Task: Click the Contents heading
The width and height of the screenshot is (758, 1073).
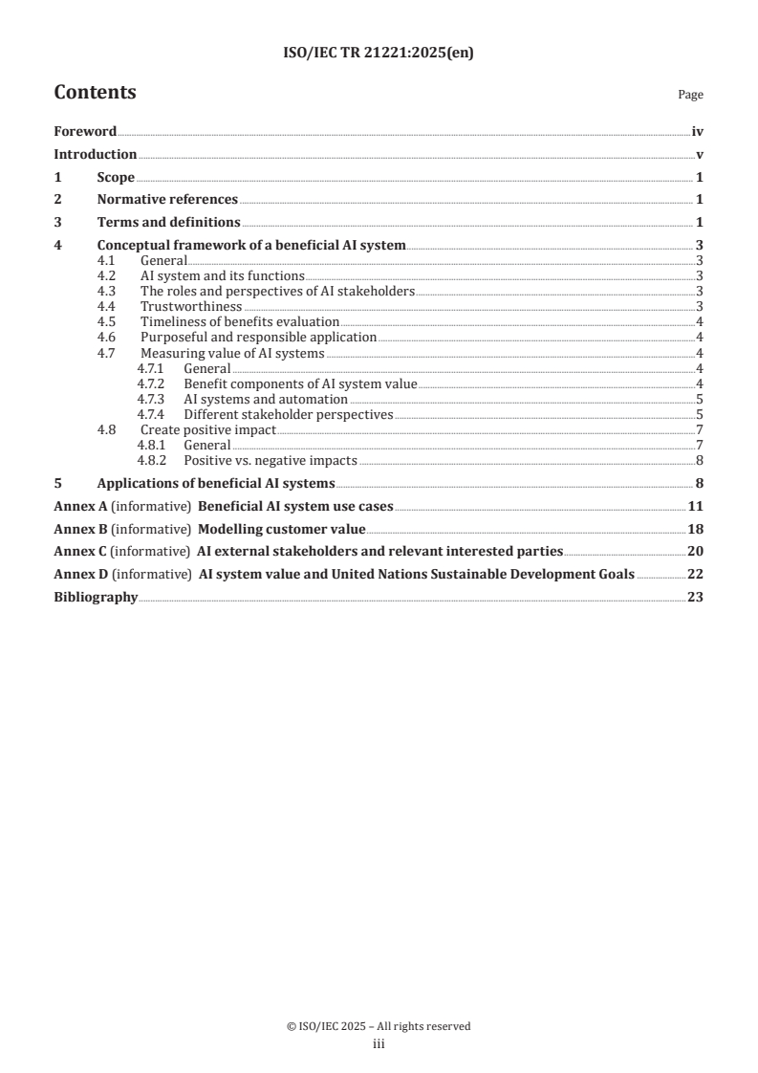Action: [x=95, y=93]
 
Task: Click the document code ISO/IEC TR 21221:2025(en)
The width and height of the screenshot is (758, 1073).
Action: [x=379, y=54]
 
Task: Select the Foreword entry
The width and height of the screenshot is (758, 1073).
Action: [x=85, y=132]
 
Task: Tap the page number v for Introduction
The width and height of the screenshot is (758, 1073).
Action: [x=700, y=155]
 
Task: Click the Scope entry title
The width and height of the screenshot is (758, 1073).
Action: [x=116, y=177]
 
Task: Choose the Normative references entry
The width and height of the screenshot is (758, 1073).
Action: [x=167, y=200]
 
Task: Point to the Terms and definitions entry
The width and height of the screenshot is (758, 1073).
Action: [x=168, y=223]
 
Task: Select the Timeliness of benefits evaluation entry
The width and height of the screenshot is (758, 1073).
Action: [x=240, y=322]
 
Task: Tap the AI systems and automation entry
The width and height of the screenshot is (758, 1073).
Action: [x=266, y=399]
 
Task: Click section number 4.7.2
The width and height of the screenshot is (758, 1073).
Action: [x=153, y=383]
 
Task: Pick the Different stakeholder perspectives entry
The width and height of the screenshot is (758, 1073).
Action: [x=289, y=414]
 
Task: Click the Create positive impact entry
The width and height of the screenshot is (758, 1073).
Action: [x=207, y=429]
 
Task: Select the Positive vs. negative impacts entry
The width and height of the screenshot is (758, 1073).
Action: [x=271, y=460]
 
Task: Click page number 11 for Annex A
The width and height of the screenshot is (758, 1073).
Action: [x=697, y=506]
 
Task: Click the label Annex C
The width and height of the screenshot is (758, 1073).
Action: [x=75, y=552]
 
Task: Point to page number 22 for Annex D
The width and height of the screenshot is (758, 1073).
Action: [x=697, y=575]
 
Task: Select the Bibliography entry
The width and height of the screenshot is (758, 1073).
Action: [x=96, y=598]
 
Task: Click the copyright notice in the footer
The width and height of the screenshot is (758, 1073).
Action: [x=379, y=1026]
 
